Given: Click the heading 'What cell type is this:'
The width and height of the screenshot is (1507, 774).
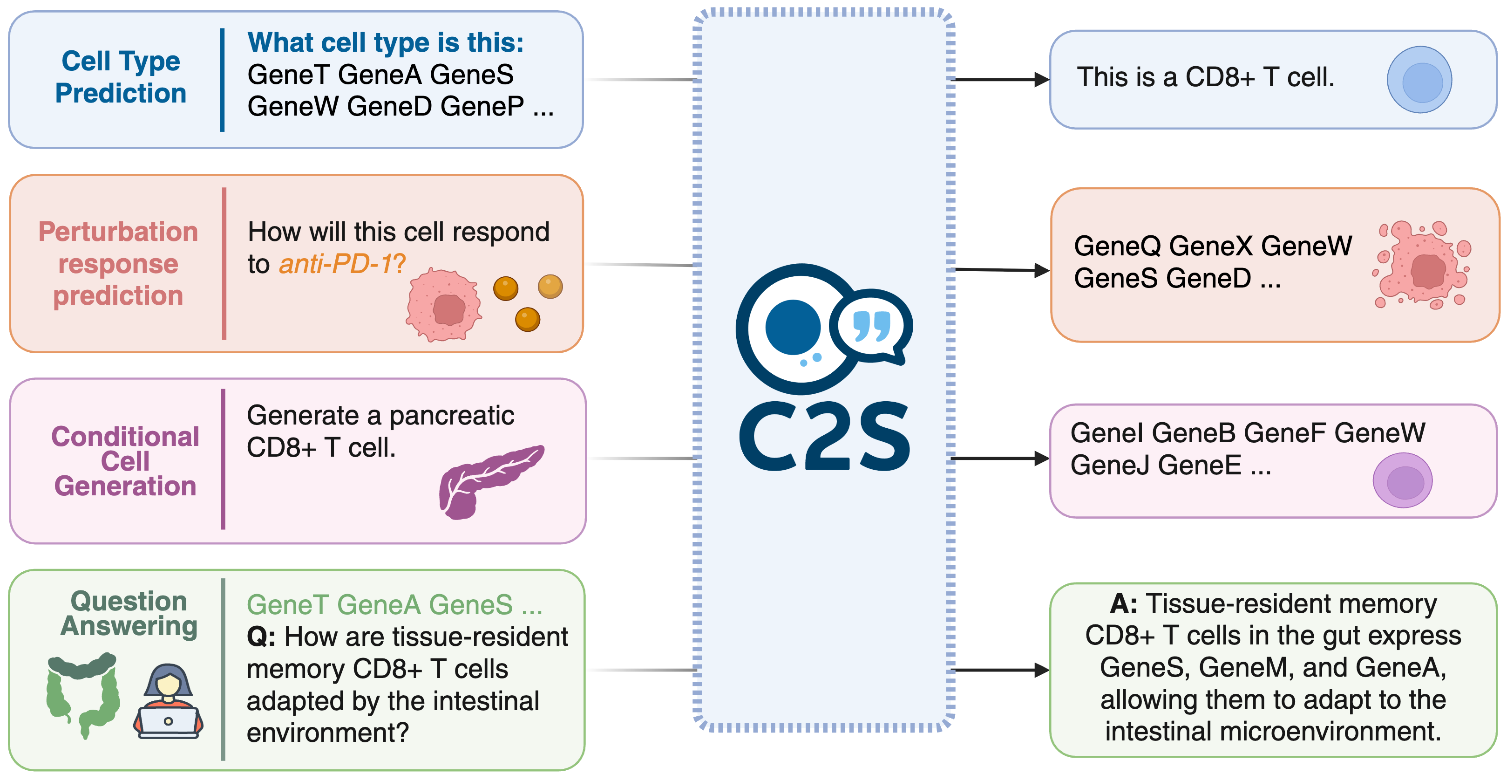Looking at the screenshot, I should (x=386, y=43).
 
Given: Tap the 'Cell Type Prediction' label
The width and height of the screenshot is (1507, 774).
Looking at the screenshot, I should (x=121, y=77).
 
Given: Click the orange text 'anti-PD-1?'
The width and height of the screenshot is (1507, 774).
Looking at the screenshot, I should (x=342, y=264).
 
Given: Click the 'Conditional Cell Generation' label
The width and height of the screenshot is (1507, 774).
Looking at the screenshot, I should (x=125, y=461).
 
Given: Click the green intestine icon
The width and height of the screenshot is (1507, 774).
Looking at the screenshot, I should (x=82, y=693).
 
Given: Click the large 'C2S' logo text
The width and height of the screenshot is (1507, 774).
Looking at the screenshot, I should (x=824, y=436).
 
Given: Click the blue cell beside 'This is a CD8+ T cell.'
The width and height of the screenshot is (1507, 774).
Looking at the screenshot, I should (x=1419, y=80).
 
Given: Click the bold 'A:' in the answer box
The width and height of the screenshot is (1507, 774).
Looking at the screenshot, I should (x=1123, y=603).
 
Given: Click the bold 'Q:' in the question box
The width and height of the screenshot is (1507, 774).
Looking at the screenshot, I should (x=261, y=637).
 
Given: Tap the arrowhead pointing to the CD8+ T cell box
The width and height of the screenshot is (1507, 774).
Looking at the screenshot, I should (x=1041, y=80).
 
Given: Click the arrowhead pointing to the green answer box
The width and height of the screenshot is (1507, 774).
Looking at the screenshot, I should (x=1041, y=670).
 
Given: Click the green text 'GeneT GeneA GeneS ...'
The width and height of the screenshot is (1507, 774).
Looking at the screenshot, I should (x=394, y=605).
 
